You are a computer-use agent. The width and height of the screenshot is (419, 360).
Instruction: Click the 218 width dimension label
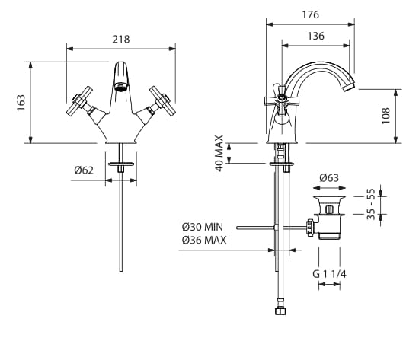point(121,40)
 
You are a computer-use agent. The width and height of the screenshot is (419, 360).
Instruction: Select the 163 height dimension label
point(21,103)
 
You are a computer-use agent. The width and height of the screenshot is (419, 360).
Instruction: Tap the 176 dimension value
point(311,14)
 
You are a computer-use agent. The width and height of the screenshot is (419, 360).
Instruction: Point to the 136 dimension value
point(316,36)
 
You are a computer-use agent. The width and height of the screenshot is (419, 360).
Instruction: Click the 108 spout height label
point(386,116)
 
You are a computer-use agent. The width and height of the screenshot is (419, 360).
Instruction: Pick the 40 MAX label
point(219,153)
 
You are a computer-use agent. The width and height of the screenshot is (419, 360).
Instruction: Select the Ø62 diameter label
point(84,170)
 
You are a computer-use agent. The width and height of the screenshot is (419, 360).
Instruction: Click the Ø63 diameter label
point(329,177)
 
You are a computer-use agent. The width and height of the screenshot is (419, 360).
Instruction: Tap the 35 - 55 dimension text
point(371,204)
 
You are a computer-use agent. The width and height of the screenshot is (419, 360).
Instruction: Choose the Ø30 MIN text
point(203,227)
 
